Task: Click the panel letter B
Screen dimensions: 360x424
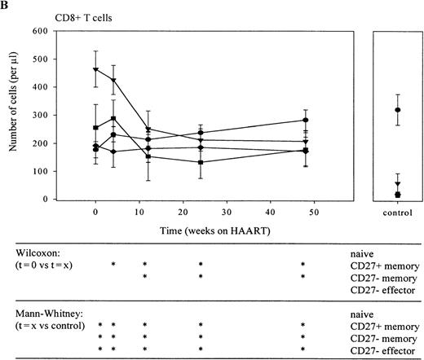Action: [6, 6]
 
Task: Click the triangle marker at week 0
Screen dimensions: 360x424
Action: [96, 69]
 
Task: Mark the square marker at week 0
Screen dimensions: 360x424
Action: [96, 128]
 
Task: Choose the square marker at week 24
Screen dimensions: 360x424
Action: [200, 162]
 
